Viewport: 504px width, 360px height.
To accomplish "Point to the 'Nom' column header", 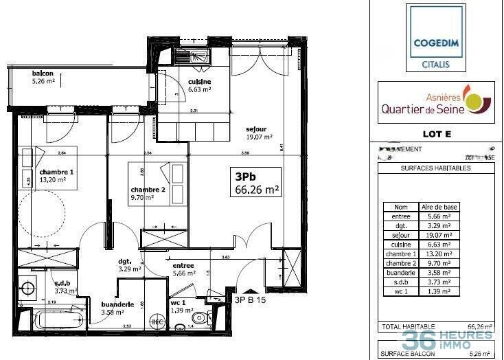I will [400, 206].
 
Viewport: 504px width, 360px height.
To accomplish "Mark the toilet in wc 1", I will [199, 317].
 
